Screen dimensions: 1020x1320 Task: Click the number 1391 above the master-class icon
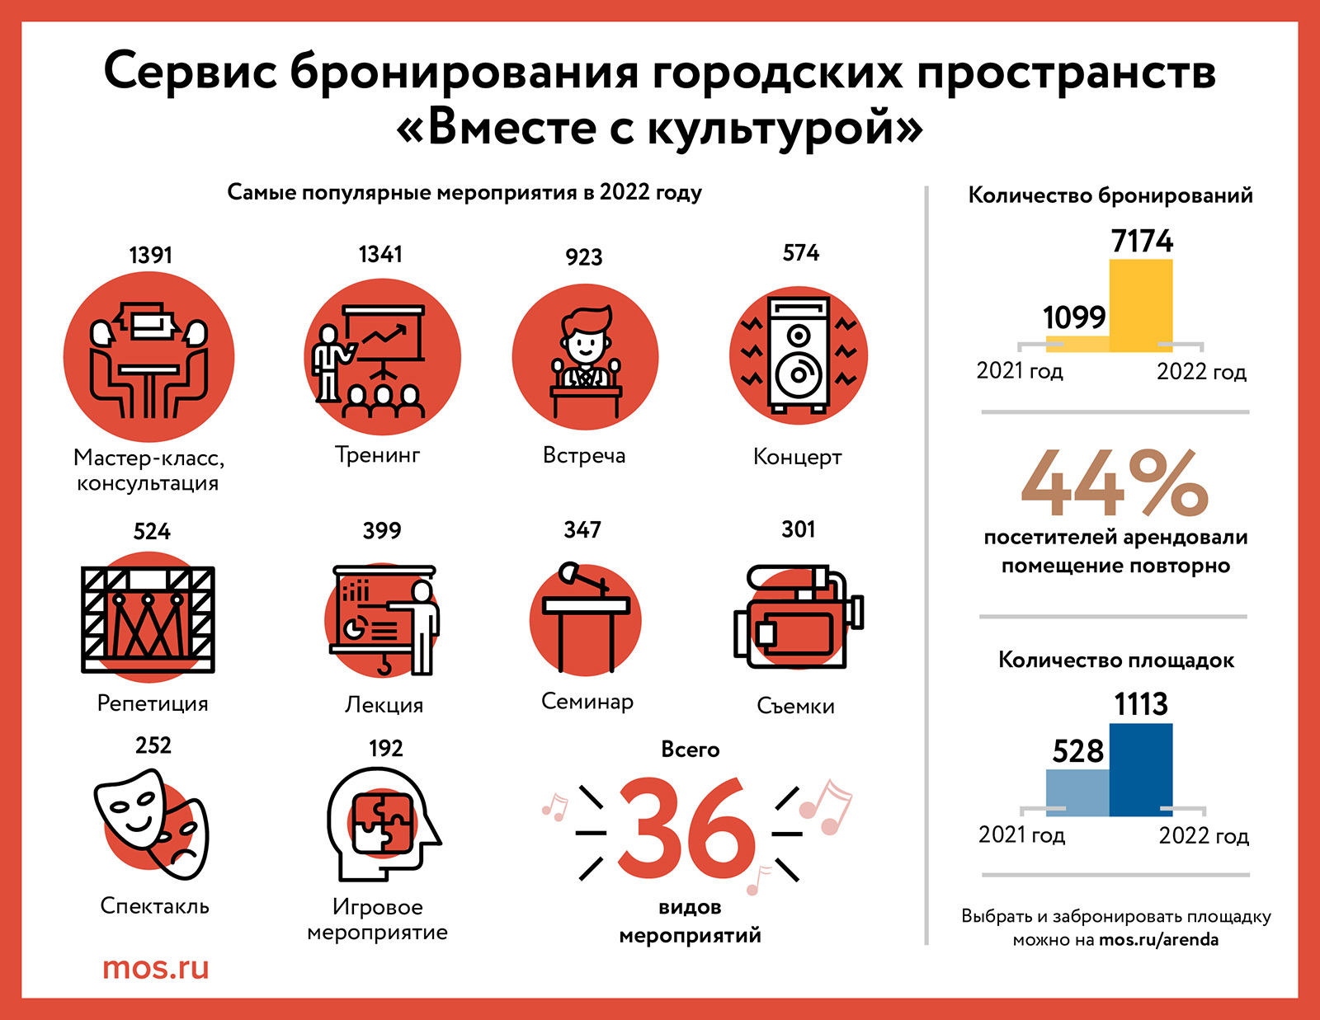tap(150, 255)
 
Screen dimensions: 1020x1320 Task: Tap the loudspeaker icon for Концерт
tap(798, 355)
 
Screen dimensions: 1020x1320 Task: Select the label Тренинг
tap(377, 454)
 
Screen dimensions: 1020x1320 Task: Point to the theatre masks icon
tap(151, 824)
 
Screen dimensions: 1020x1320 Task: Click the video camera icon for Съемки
tap(797, 618)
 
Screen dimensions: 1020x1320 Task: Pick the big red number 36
tap(686, 830)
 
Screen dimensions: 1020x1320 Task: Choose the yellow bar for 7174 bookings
tap(1140, 305)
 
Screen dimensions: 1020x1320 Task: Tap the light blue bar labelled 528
tap(1077, 792)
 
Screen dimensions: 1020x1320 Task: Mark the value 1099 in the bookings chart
tap(1073, 317)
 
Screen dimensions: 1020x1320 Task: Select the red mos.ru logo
tap(155, 967)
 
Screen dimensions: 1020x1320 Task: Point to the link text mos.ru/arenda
tap(1158, 940)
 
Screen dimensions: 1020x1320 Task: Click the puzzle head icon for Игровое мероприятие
tap(382, 825)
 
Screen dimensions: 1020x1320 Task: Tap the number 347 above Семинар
tap(582, 529)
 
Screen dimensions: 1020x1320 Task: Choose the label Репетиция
tap(153, 703)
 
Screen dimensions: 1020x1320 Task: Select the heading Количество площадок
tap(1115, 660)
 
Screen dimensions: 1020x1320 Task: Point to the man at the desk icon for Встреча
tap(585, 357)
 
